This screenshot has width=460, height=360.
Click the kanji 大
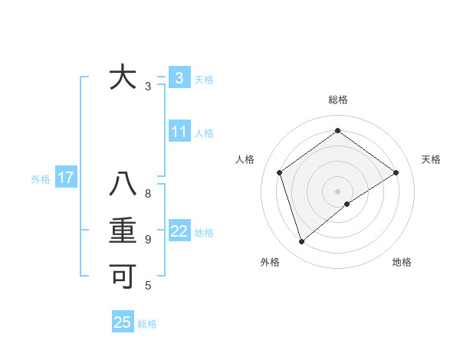pos(123,78)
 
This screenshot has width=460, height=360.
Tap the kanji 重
pos(123,232)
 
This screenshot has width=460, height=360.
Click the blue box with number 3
pos(179,77)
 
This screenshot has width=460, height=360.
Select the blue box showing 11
pos(179,132)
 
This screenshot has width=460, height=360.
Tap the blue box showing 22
pos(179,231)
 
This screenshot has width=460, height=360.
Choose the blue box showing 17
pos(65,178)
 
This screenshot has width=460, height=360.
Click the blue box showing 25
pos(122,322)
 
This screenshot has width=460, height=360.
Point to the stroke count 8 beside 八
pos(148,194)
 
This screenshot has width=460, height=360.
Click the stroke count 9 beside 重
pos(148,240)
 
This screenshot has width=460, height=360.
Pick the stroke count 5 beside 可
pos(148,286)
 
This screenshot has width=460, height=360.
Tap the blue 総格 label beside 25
pos(147,324)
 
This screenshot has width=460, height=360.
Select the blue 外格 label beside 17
pos(41,180)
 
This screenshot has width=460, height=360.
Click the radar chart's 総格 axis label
pos(337,100)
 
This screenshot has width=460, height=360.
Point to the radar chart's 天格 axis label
pos(432,159)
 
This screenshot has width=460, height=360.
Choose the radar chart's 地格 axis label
pos(402,262)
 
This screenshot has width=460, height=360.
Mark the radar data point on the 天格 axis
pos(396,172)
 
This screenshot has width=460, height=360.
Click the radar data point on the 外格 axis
pos(301,242)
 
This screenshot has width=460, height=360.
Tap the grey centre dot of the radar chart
pos(337,191)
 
